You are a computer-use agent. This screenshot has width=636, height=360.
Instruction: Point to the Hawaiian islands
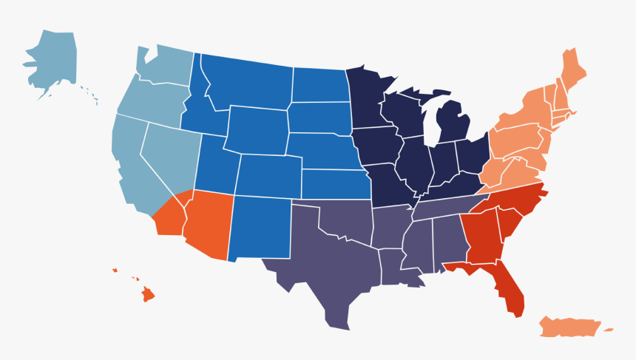147,295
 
